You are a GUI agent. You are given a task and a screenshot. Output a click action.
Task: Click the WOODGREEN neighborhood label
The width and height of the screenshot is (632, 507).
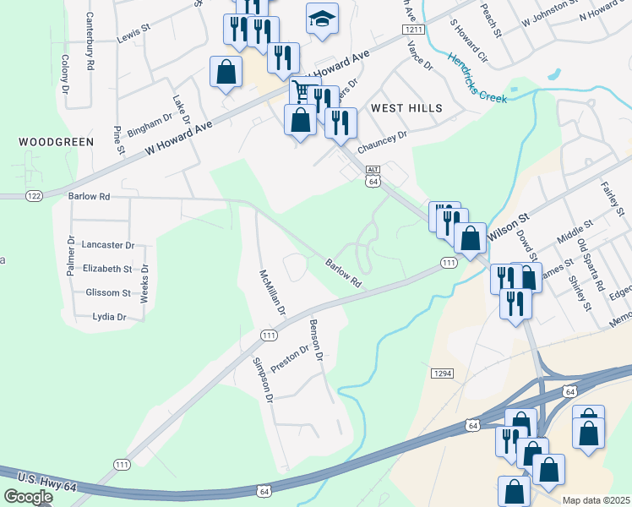tap(56, 142)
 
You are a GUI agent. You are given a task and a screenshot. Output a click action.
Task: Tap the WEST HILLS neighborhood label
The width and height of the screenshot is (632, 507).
tap(406, 108)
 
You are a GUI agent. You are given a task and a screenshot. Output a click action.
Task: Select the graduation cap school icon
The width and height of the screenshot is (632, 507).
tap(321, 19)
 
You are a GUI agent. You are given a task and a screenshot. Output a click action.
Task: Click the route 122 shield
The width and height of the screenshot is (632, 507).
tap(34, 196)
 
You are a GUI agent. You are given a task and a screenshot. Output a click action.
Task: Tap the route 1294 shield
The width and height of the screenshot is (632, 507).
tap(441, 373)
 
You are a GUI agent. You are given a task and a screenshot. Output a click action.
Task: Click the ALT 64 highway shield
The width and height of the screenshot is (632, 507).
tap(373, 176)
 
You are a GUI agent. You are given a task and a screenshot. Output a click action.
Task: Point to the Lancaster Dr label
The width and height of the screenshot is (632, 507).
tap(108, 245)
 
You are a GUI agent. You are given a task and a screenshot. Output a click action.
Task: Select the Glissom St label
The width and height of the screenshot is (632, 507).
tap(108, 293)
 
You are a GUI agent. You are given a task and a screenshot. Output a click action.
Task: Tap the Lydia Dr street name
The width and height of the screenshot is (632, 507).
tap(109, 317)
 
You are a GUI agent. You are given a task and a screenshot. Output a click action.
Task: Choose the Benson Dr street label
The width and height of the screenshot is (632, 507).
tap(317, 340)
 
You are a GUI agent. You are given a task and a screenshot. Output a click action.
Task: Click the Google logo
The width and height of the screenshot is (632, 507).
tap(28, 497)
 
